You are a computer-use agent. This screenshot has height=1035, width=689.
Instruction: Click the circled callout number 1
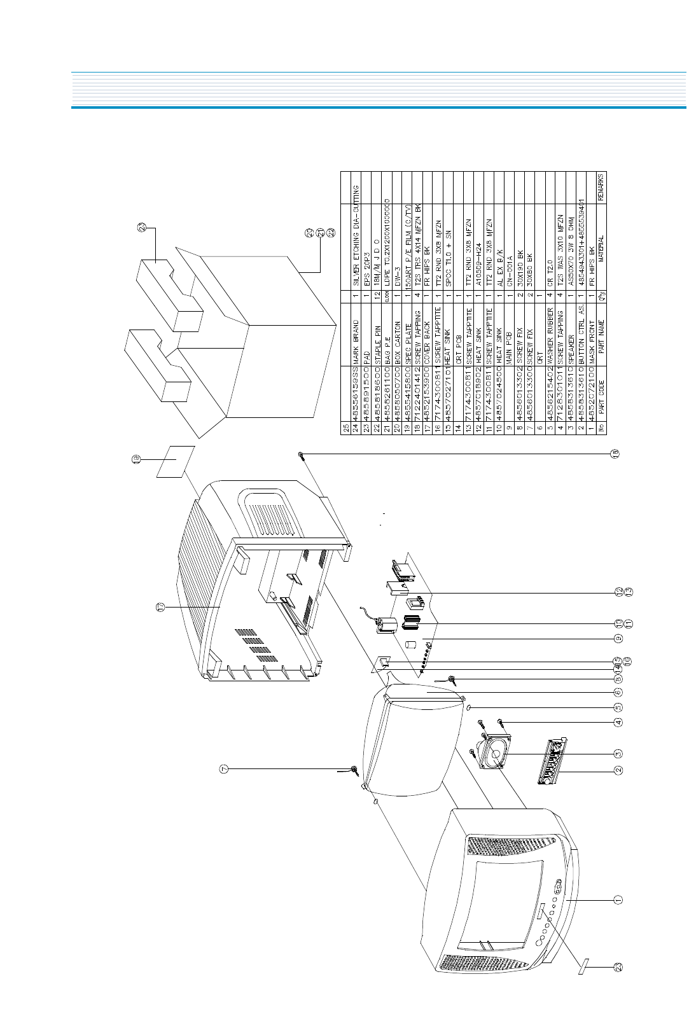pos(618,900)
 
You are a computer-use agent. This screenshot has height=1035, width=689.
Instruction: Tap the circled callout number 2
pos(618,770)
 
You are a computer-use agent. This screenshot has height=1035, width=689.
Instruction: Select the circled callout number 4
pos(618,722)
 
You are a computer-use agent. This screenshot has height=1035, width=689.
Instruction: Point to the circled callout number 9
pos(618,639)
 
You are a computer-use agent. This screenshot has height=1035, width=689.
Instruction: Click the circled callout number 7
pos(223,769)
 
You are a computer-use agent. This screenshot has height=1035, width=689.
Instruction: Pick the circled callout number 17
pos(162,608)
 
